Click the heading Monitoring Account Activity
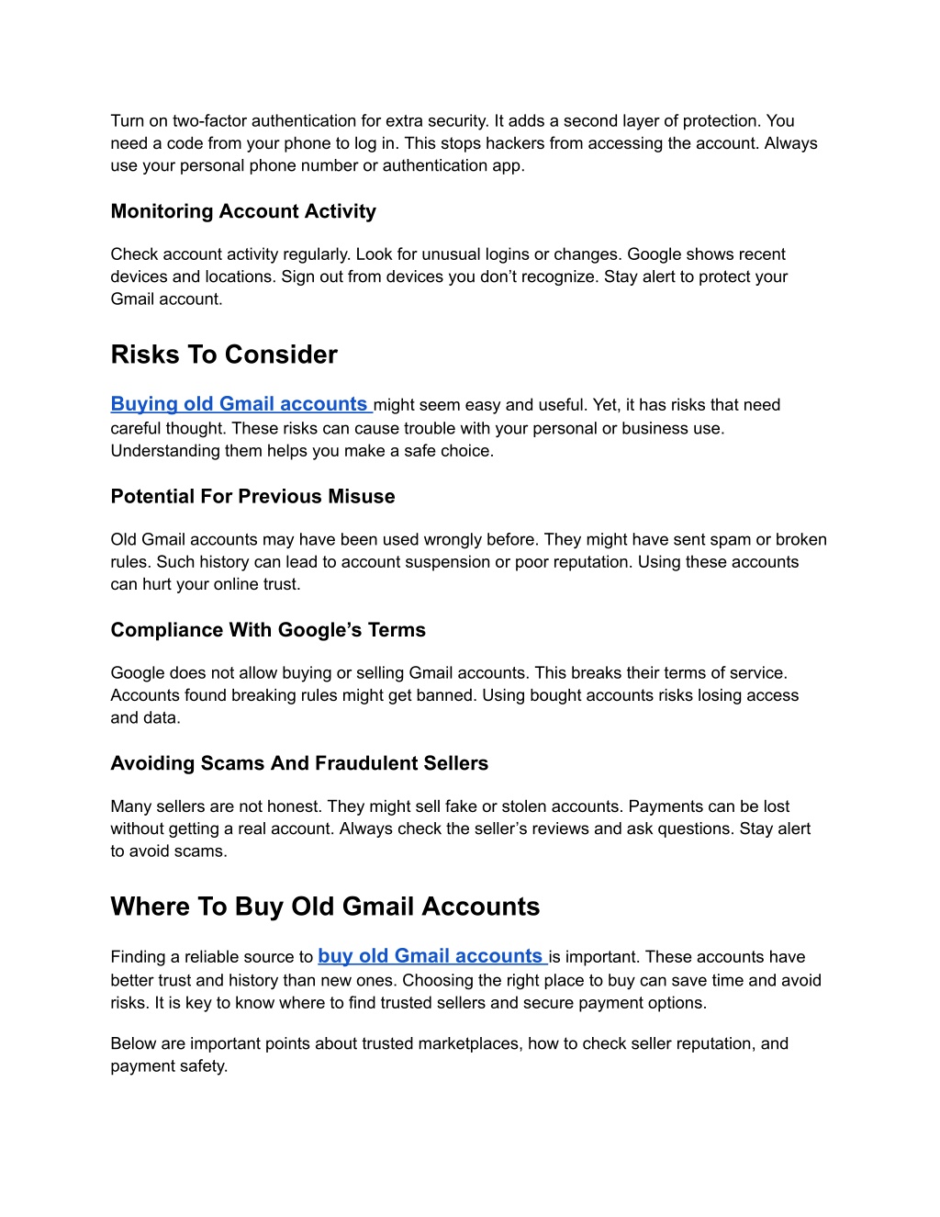click(243, 211)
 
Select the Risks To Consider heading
click(224, 355)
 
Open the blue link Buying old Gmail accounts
click(240, 404)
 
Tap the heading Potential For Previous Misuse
click(252, 496)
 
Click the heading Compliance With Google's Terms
click(268, 630)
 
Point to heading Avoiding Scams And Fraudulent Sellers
click(299, 763)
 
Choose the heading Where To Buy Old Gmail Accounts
click(325, 907)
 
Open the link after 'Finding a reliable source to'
click(431, 956)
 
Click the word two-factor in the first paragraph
click(210, 121)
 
